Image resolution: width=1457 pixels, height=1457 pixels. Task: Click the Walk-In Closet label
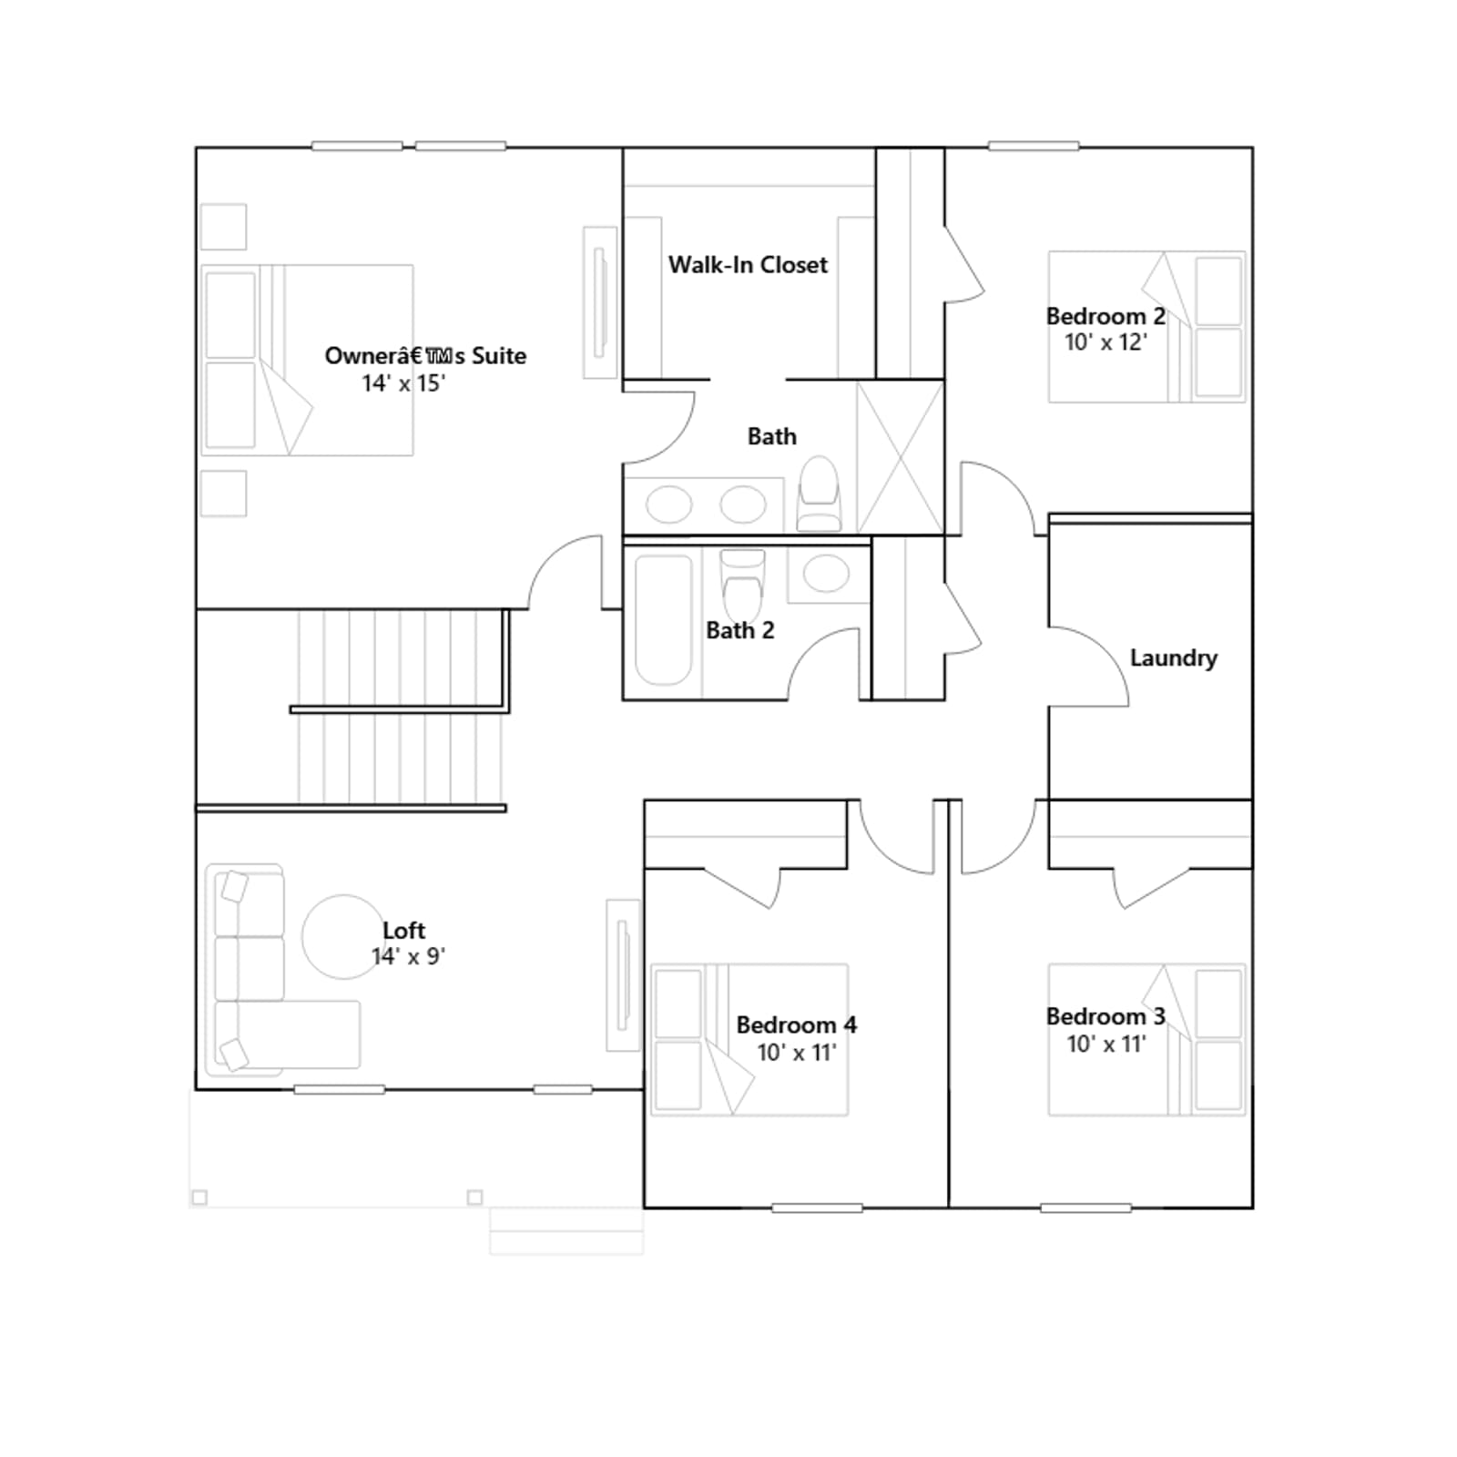pos(748,265)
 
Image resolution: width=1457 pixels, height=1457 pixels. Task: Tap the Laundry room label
pos(1173,657)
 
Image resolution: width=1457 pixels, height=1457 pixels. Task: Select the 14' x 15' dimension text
pos(403,383)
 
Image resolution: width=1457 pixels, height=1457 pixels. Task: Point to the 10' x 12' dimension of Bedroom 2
pos(1105,342)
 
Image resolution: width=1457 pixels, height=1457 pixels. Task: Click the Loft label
pos(403,930)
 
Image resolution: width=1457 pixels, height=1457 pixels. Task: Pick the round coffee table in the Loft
pos(343,936)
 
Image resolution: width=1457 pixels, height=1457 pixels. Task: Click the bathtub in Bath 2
pos(663,619)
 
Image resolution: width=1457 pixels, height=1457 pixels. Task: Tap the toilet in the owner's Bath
pos(818,493)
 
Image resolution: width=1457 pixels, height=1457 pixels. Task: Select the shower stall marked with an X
pos(900,458)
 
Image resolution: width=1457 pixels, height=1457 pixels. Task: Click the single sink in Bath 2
pos(826,575)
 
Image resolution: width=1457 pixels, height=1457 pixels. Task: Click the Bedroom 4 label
pos(796,1024)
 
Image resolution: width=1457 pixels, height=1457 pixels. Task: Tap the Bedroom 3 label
pos(1105,1016)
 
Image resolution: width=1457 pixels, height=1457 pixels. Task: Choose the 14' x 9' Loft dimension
pos(408,956)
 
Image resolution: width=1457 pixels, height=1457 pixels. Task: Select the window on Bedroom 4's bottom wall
pos(817,1208)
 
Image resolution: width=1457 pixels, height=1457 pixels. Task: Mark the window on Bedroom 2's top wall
pos(1034,146)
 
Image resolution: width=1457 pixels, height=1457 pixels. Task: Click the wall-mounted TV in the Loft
pos(624,975)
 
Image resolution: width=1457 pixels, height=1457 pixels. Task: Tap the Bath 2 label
pos(739,630)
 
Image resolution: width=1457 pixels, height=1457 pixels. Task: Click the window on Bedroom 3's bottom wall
pos(1085,1208)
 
